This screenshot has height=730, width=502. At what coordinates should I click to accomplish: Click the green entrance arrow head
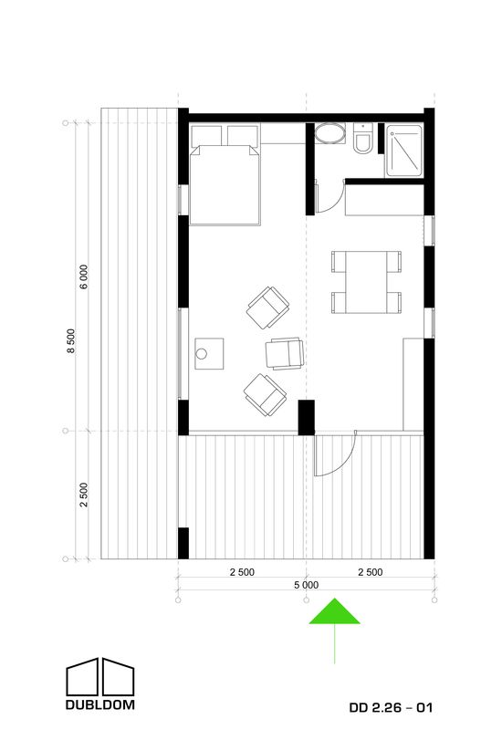[334, 611]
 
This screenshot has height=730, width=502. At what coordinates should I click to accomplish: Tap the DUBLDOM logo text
[100, 704]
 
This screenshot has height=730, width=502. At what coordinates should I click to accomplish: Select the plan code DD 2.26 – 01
[391, 708]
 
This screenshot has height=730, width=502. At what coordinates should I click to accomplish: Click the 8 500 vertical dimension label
[71, 340]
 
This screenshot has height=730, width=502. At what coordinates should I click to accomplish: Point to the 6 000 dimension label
[83, 277]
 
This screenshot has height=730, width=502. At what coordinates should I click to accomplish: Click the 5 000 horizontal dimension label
[307, 585]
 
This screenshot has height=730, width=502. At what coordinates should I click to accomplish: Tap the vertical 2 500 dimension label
[83, 495]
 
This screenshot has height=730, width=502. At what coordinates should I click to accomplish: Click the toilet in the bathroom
[362, 139]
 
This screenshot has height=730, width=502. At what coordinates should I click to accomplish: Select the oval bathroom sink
[330, 133]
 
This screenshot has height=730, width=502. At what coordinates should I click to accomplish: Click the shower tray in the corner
[404, 151]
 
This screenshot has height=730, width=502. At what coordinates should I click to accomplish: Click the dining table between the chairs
[367, 282]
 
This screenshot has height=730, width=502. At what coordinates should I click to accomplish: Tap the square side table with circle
[209, 354]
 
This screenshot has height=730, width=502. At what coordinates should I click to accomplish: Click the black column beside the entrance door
[307, 418]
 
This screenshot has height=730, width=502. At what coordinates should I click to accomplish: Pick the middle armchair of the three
[285, 354]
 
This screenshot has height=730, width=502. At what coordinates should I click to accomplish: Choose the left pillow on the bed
[206, 136]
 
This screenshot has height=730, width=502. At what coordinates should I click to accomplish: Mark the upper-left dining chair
[339, 262]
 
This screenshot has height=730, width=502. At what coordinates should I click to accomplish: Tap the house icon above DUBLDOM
[100, 677]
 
